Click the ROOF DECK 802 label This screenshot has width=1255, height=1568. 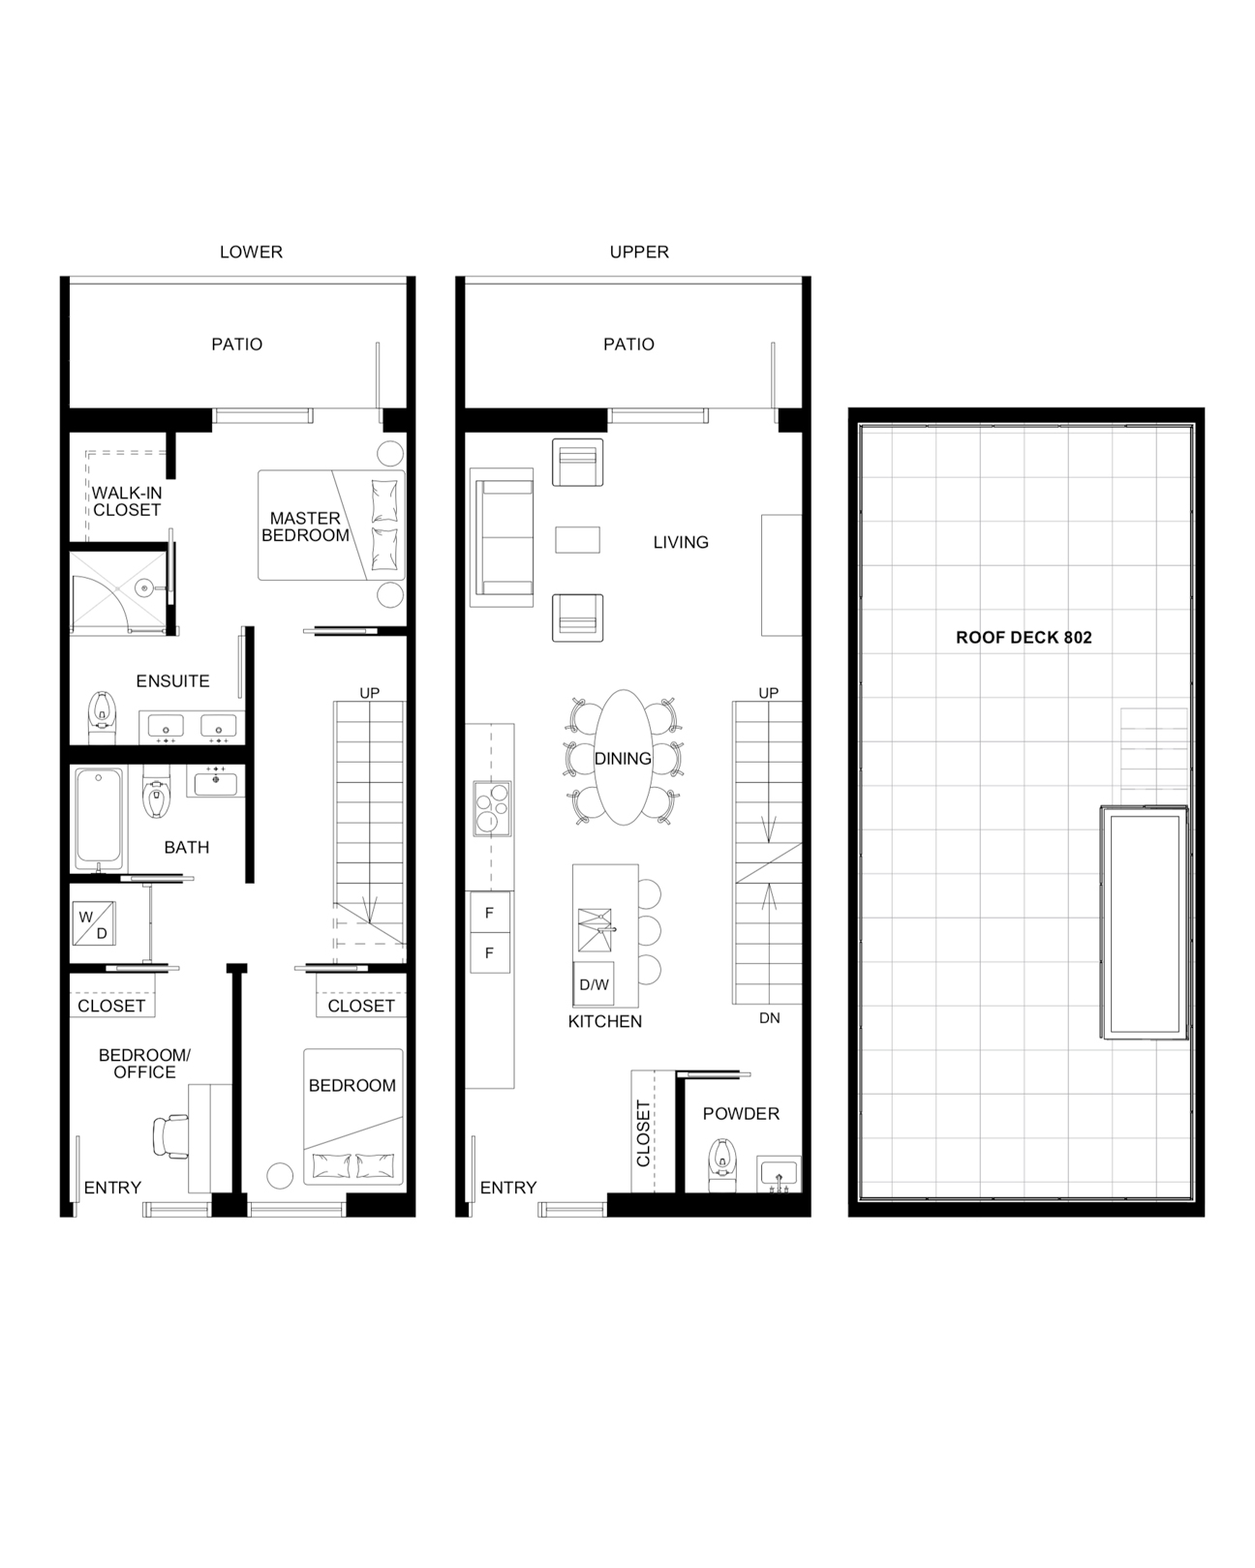pyautogui.click(x=1024, y=638)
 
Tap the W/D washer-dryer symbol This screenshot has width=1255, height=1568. pyautogui.click(x=94, y=924)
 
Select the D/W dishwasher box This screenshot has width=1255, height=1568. pyautogui.click(x=594, y=984)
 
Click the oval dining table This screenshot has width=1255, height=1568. pyautogui.click(x=623, y=757)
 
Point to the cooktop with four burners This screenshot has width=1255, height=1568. pyautogui.click(x=492, y=808)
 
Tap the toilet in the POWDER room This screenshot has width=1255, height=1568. pyautogui.click(x=722, y=1164)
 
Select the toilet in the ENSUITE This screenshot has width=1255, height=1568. pyautogui.click(x=102, y=716)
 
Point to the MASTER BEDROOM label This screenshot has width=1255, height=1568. pyautogui.click(x=305, y=527)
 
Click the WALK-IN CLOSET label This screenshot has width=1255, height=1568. pyautogui.click(x=127, y=501)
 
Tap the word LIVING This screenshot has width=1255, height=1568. pyautogui.click(x=681, y=542)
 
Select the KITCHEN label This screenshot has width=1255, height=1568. pyautogui.click(x=604, y=1021)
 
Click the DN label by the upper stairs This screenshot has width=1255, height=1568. pyautogui.click(x=769, y=1018)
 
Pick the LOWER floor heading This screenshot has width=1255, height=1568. pyautogui.click(x=251, y=252)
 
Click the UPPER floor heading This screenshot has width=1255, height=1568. pyautogui.click(x=639, y=252)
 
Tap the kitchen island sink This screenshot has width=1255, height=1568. pyautogui.click(x=595, y=930)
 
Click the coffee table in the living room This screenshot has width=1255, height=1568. pyautogui.click(x=577, y=540)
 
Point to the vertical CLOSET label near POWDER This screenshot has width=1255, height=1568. pyautogui.click(x=642, y=1133)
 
